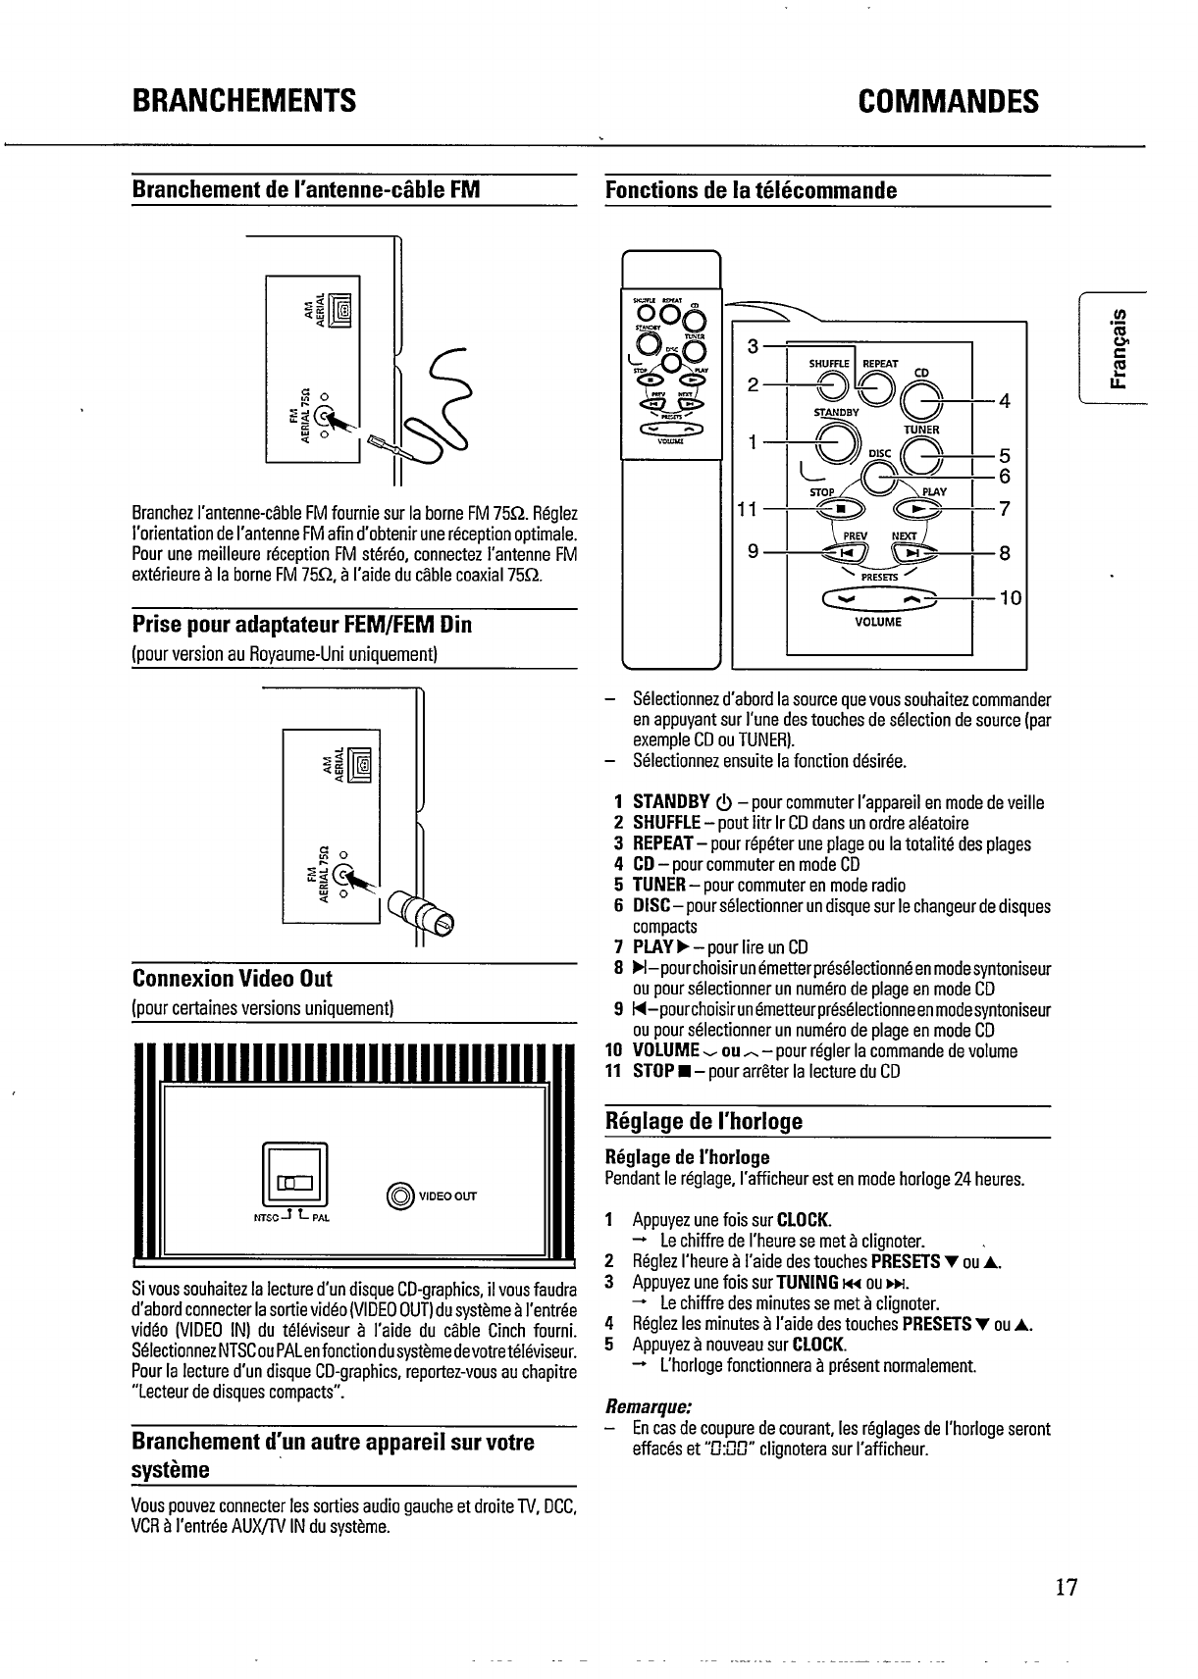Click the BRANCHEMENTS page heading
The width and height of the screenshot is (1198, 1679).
point(243,101)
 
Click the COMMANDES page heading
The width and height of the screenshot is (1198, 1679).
point(947,101)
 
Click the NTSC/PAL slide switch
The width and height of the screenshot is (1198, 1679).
point(295,1182)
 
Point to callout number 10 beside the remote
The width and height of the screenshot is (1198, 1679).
point(1011,598)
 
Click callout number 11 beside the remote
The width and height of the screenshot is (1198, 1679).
point(748,509)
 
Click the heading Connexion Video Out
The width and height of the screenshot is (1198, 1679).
point(233,979)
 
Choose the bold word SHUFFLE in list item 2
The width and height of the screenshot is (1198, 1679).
point(666,823)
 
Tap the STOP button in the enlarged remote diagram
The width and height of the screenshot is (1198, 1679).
point(840,509)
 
